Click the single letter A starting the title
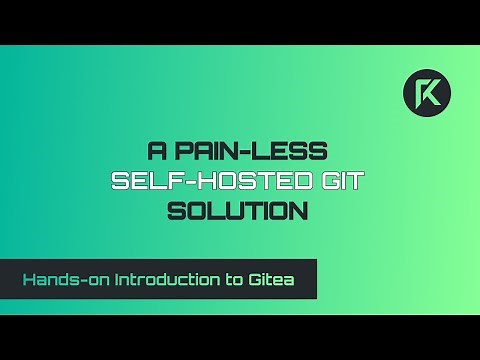coord(157,152)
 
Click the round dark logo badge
coord(426,94)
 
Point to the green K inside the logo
coord(426,94)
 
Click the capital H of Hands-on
coord(29,279)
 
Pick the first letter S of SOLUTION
coord(176,212)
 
